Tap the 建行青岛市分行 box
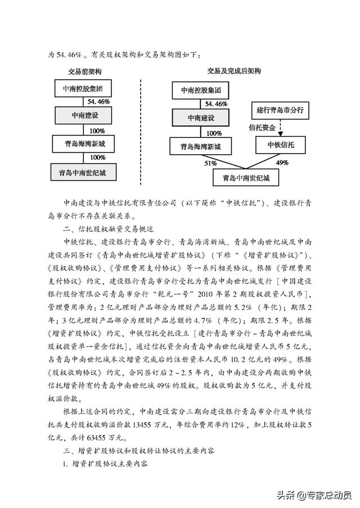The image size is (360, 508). pyautogui.click(x=280, y=110)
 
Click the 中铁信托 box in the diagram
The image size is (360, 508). pyautogui.click(x=280, y=145)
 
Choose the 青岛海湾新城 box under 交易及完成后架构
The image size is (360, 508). pyautogui.click(x=200, y=147)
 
